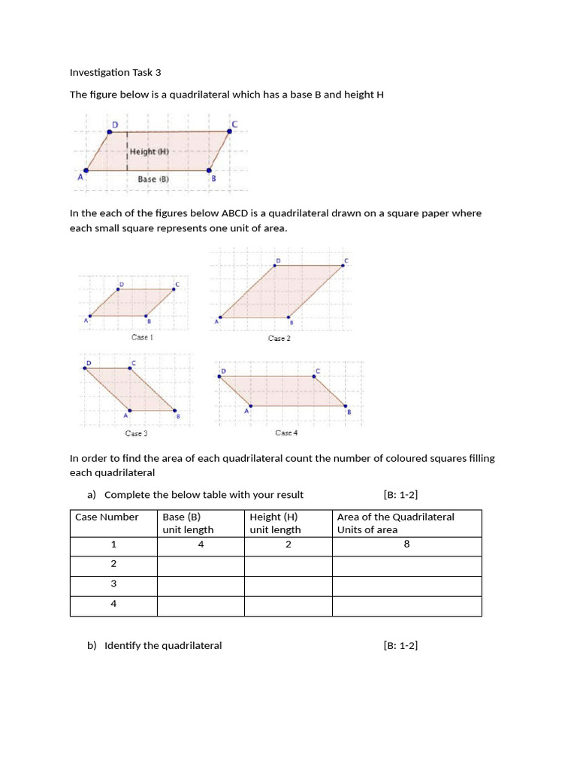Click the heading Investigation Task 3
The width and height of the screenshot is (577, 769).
pyautogui.click(x=115, y=73)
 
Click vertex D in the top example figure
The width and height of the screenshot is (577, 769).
pyautogui.click(x=110, y=132)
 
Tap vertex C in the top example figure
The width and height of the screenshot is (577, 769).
pyautogui.click(x=229, y=131)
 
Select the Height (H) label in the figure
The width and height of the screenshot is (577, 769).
pyautogui.click(x=150, y=152)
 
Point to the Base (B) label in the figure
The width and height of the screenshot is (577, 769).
pyautogui.click(x=153, y=179)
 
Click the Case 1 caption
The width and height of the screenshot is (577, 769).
pyautogui.click(x=142, y=337)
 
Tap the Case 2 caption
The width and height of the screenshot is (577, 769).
pyautogui.click(x=279, y=339)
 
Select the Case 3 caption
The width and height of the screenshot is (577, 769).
pyautogui.click(x=136, y=433)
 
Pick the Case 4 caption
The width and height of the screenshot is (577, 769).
pyautogui.click(x=286, y=433)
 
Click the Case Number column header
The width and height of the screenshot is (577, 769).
pyautogui.click(x=107, y=517)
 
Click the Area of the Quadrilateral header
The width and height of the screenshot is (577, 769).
pyautogui.click(x=395, y=517)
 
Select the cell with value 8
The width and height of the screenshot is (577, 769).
pyautogui.click(x=406, y=544)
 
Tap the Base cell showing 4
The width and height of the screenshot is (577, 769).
pyautogui.click(x=201, y=544)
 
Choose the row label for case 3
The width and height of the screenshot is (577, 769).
pyautogui.click(x=113, y=584)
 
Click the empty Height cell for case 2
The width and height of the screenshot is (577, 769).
pyautogui.click(x=288, y=564)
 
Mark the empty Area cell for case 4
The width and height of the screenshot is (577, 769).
pyautogui.click(x=406, y=604)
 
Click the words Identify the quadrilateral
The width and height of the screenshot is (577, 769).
pyautogui.click(x=163, y=646)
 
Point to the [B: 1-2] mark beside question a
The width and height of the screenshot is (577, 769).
pyautogui.click(x=400, y=494)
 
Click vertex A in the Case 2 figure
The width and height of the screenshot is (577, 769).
pyautogui.click(x=220, y=318)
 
